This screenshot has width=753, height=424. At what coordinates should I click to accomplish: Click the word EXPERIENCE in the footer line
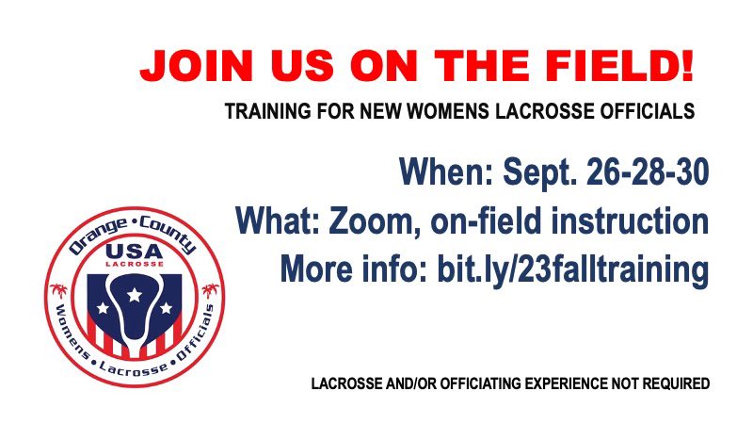(554, 384)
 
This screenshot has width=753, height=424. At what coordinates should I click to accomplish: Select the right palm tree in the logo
(213, 290)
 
